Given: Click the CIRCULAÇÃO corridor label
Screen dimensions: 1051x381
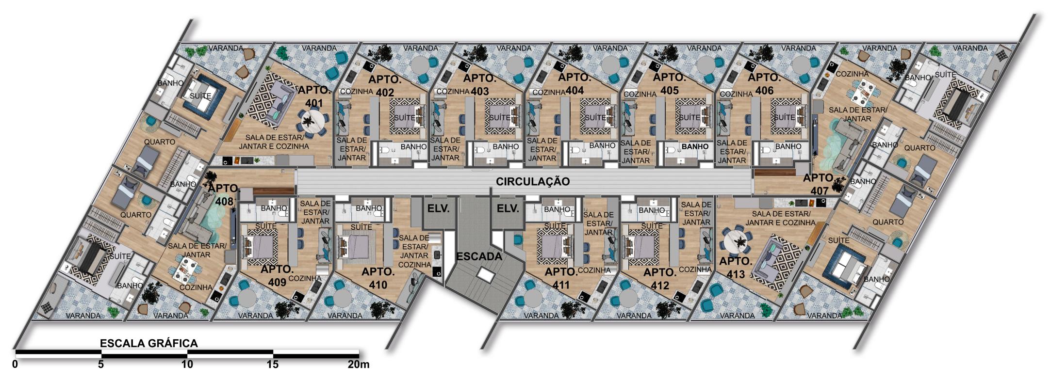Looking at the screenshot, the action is coord(532,182).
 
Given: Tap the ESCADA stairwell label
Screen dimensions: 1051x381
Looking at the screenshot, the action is coord(479,256).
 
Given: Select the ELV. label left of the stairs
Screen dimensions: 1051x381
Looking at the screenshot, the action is coord(439,209).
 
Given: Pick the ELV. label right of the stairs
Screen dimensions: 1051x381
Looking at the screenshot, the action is coord(508,209).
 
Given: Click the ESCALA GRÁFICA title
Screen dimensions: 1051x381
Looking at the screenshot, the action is coord(149,343).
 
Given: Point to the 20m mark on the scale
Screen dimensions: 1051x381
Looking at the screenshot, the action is coord(359,365).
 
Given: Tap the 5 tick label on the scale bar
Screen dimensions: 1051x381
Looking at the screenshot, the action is coord(101,365).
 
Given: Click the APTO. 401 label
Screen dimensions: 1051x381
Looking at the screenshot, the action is coord(313,96).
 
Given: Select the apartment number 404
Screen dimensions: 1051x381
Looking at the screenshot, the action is coord(574,91).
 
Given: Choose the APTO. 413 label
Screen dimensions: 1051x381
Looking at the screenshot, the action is coord(736,268).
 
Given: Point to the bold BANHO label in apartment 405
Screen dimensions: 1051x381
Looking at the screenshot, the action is coord(695,146).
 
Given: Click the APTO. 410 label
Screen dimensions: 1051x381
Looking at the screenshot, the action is coord(378,278).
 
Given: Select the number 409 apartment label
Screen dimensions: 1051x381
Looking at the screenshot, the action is coord(277,282).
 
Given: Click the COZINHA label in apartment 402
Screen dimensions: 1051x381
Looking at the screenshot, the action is coord(357,91).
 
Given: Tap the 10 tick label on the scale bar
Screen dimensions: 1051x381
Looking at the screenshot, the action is coord(187,365).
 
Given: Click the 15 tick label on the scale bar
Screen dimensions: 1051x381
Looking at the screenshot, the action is coord(273,365).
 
